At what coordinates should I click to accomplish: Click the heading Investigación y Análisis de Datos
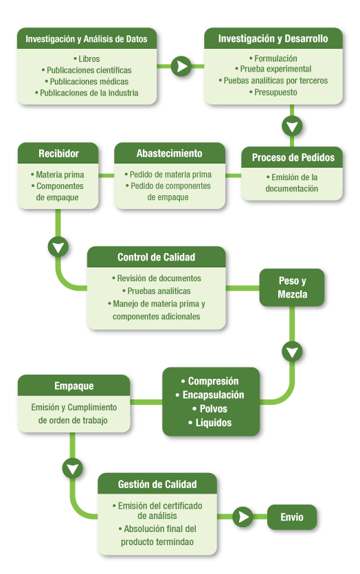coord(87,38)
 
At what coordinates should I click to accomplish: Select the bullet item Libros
coord(87,58)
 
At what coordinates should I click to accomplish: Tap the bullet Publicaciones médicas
coord(87,81)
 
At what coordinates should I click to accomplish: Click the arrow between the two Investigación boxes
coord(181,66)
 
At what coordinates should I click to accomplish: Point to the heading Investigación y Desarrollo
coord(273,38)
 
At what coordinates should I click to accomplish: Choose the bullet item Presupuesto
coord(273,92)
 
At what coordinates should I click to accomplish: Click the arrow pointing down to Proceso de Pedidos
coord(292,126)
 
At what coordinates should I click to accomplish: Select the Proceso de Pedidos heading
coord(293,157)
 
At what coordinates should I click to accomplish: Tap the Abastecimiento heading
coord(170,153)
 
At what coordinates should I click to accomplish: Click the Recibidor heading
coord(58,153)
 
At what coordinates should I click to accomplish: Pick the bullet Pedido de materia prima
coord(168,174)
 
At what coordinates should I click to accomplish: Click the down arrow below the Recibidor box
coord(58,247)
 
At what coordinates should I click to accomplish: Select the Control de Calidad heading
coord(156,257)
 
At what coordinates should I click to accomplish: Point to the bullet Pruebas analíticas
coord(156,291)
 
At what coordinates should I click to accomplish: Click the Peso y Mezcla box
coord(292,287)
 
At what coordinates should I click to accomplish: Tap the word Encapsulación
coord(213,395)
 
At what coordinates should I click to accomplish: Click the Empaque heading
coord(74,386)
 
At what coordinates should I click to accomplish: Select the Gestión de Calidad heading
coord(157,484)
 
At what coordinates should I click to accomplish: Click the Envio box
coord(292,517)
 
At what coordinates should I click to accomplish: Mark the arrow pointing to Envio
coord(243,517)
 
